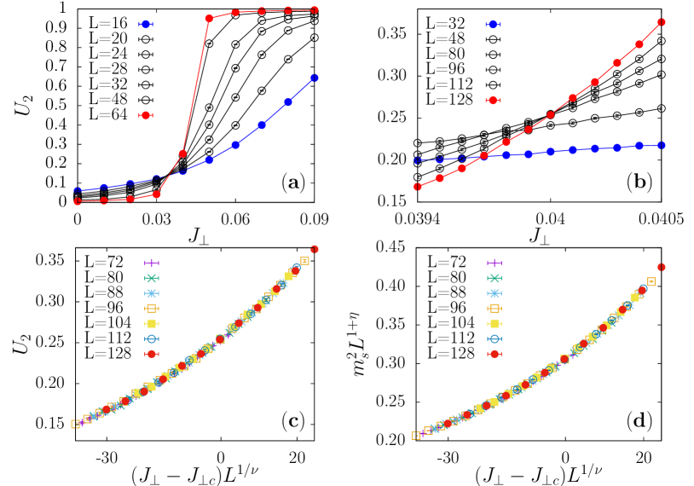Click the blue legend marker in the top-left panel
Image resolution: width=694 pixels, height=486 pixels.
click(145, 25)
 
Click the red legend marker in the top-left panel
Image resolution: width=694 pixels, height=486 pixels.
click(145, 115)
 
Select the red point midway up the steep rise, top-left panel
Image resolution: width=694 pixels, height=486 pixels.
click(182, 153)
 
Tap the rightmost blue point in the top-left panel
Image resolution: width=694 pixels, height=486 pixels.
click(315, 78)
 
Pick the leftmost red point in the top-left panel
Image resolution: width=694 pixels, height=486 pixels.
click(78, 201)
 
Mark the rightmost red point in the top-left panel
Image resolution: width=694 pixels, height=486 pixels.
click(315, 10)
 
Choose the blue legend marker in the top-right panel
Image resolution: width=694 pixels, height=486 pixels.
click(492, 25)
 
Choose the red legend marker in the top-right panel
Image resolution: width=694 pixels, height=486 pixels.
click(492, 101)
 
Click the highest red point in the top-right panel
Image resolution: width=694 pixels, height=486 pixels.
click(661, 22)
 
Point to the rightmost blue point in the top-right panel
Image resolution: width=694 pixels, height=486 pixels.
click(662, 146)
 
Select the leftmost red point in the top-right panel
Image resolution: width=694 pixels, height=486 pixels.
click(418, 186)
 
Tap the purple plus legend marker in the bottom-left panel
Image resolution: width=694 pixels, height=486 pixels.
click(151, 263)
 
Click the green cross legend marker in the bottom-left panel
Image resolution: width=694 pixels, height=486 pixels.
click(151, 278)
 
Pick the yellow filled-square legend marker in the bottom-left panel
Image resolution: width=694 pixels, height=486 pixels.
click(151, 323)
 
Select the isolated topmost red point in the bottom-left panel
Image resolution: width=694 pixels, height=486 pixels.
click(315, 249)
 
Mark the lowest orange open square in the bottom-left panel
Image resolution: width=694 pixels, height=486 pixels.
click(76, 424)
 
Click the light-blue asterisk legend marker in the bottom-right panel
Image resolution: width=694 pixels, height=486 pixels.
click(494, 293)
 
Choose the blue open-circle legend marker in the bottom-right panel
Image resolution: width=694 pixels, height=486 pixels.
click(494, 338)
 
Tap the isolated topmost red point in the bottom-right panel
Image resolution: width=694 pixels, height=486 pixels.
click(661, 267)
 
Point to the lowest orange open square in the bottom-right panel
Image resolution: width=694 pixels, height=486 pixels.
click(416, 435)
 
